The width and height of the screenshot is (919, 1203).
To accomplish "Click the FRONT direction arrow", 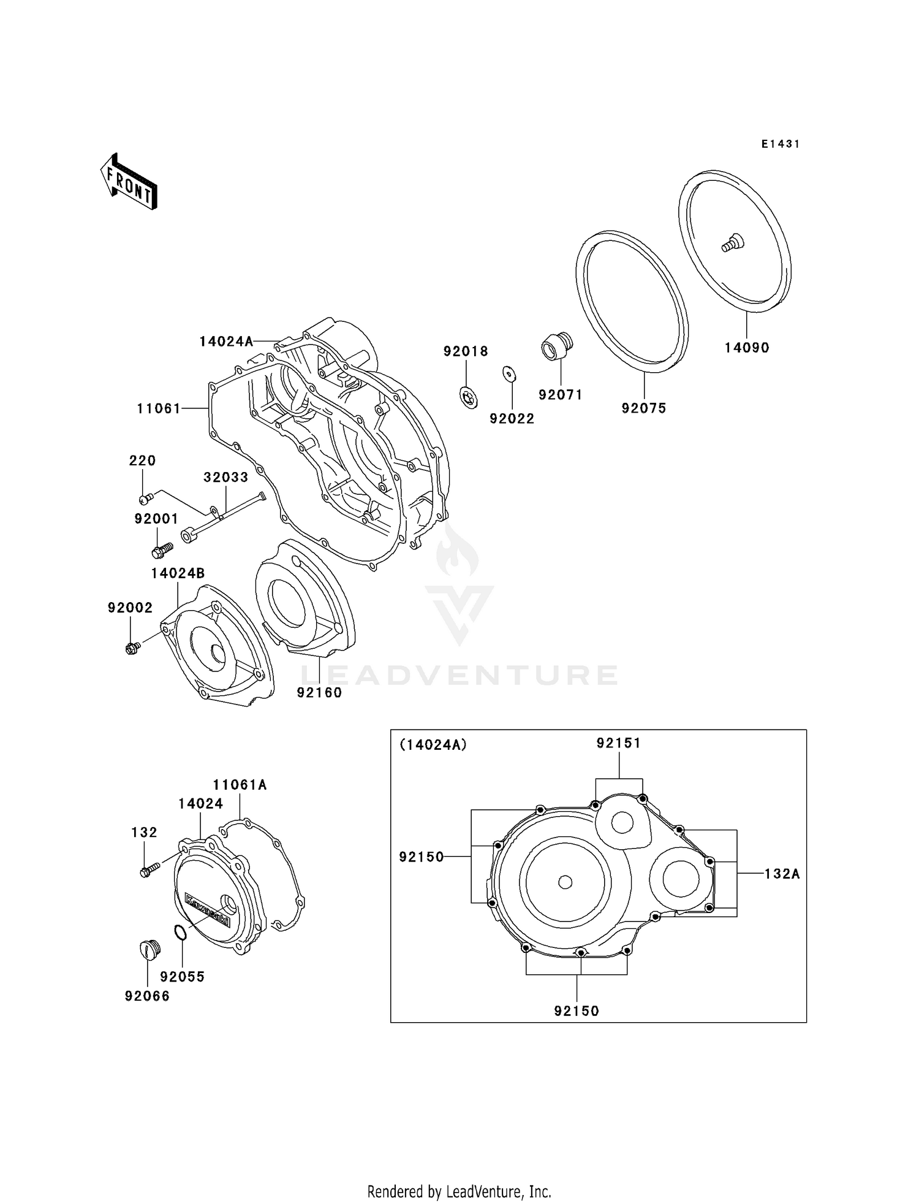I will point(129,182).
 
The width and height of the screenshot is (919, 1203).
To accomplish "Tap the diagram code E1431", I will point(781,144).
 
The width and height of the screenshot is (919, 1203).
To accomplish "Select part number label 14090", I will point(746,348).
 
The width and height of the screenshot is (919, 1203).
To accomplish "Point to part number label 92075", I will point(643,408).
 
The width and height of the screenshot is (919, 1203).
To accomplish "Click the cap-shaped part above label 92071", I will point(557,346).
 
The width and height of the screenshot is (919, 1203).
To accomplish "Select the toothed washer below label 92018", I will point(469,399).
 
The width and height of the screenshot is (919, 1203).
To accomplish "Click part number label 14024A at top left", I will point(226,342).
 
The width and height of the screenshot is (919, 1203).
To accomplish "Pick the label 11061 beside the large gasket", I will point(159,408).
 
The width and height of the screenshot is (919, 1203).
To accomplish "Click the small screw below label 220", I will point(146,498).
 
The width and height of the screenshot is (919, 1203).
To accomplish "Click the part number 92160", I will point(319,692).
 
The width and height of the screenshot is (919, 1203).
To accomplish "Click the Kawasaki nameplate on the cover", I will point(207,910).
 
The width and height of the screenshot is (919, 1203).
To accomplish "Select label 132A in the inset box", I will point(782,874).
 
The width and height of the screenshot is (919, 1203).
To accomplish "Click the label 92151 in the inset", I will point(618,743).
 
